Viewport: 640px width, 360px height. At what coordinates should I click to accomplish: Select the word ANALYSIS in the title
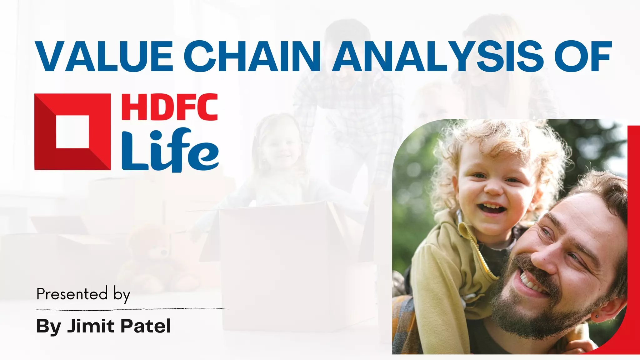(437, 56)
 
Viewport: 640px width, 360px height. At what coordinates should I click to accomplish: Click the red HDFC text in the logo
(169, 107)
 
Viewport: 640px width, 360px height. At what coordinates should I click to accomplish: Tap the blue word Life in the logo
(170, 150)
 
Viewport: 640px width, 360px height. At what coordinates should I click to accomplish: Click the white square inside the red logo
(72, 132)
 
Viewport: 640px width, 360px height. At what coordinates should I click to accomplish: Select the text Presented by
(83, 294)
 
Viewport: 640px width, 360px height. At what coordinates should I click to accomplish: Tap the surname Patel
(146, 326)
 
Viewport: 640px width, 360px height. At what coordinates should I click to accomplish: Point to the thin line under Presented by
(131, 309)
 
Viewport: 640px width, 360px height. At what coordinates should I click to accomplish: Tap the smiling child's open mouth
(491, 208)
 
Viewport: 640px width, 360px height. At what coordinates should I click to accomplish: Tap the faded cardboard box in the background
(281, 266)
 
